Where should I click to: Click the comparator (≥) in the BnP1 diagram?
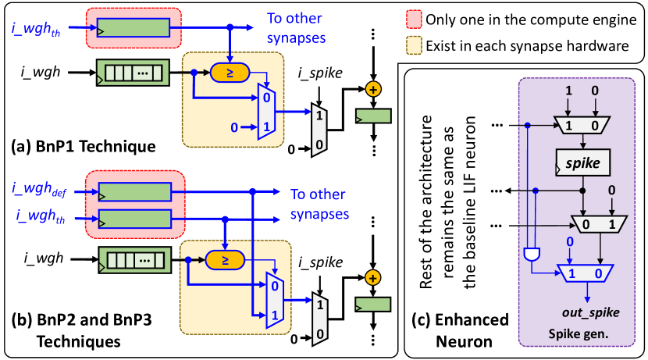tap(228, 72)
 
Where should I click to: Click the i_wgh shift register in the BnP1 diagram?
tap(132, 73)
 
